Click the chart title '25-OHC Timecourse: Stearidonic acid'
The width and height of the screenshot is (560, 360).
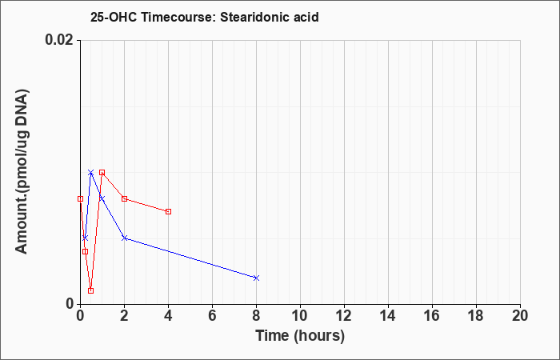(204, 17)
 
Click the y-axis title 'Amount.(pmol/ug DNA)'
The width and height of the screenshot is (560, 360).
(22, 172)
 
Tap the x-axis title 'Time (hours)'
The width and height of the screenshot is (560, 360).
(300, 336)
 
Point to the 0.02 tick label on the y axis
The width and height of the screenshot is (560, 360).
(58, 40)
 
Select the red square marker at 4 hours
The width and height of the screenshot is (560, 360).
(169, 212)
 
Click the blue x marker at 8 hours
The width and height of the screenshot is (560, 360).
(256, 278)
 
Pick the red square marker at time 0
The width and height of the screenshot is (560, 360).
(80, 198)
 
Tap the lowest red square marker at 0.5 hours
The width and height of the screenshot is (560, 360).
(90, 290)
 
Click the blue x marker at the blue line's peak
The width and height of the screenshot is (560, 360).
(90, 173)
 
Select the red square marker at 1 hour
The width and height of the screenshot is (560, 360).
(102, 173)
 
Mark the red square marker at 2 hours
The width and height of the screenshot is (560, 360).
(124, 198)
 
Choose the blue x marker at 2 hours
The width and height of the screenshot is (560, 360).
(124, 238)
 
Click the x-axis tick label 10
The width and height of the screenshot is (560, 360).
(300, 316)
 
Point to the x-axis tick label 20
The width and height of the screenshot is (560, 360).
(520, 316)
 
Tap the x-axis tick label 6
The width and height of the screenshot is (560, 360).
(213, 316)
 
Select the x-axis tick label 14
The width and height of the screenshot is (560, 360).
(388, 316)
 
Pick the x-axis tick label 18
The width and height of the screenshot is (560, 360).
(476, 316)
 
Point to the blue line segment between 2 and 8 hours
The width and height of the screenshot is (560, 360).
(190, 258)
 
